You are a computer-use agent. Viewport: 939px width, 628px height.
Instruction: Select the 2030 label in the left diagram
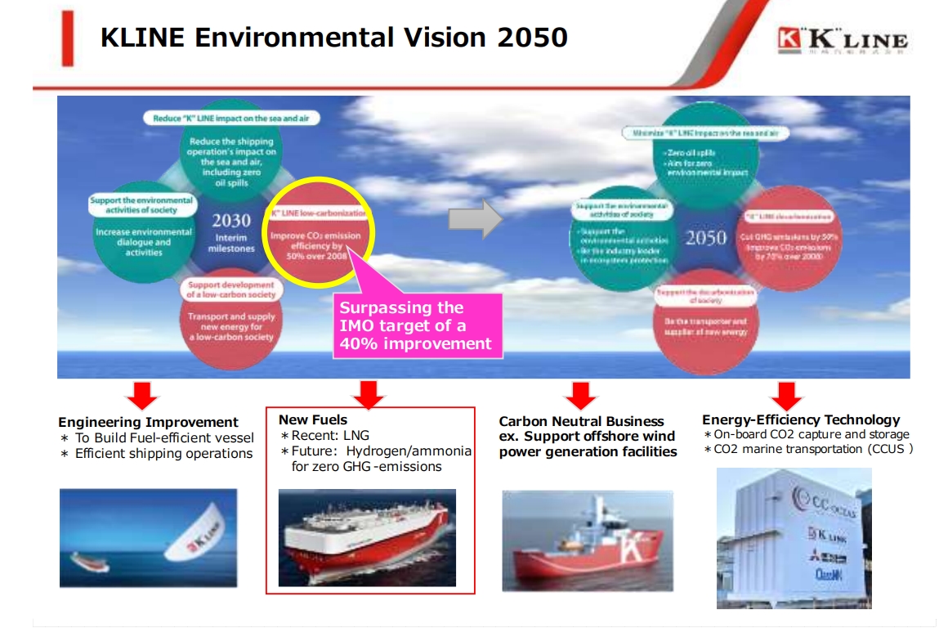pos(230,221)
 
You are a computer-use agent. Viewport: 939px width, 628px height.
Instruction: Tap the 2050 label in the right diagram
pos(705,238)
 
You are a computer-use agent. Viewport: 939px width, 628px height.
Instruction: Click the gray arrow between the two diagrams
pos(476,219)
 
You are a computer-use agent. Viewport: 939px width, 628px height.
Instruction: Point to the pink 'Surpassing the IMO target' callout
pos(417,325)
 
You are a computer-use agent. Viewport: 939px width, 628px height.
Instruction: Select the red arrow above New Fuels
pos(369,395)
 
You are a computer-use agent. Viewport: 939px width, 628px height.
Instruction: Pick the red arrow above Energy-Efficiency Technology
pos(785,396)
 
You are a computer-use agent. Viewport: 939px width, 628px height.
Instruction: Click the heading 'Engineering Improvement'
pos(148,423)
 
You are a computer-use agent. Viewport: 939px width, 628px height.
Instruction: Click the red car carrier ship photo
pos(367,537)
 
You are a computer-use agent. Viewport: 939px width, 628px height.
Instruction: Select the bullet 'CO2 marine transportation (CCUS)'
pos(808,449)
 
